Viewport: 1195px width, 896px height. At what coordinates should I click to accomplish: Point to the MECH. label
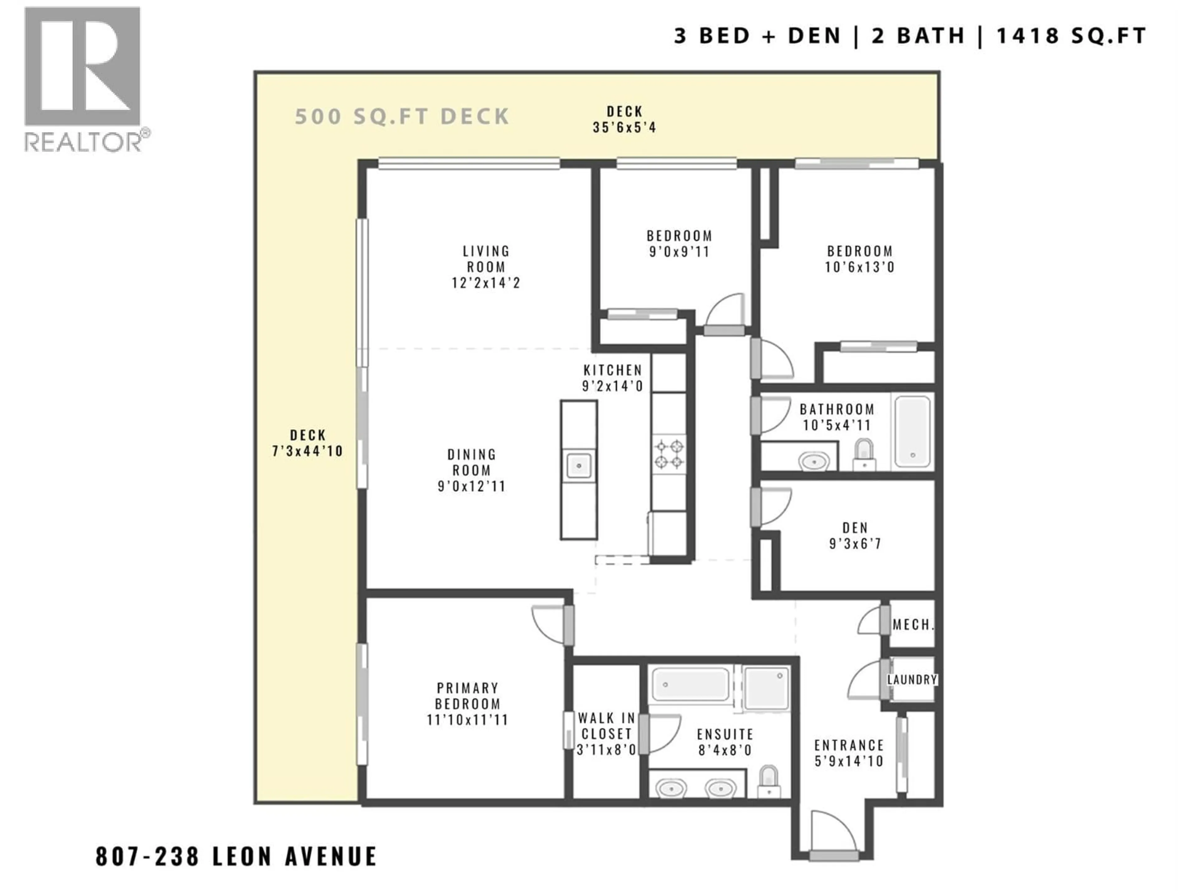913,625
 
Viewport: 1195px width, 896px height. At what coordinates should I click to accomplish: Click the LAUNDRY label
912,679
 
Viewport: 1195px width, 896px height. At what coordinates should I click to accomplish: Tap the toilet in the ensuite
769,782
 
